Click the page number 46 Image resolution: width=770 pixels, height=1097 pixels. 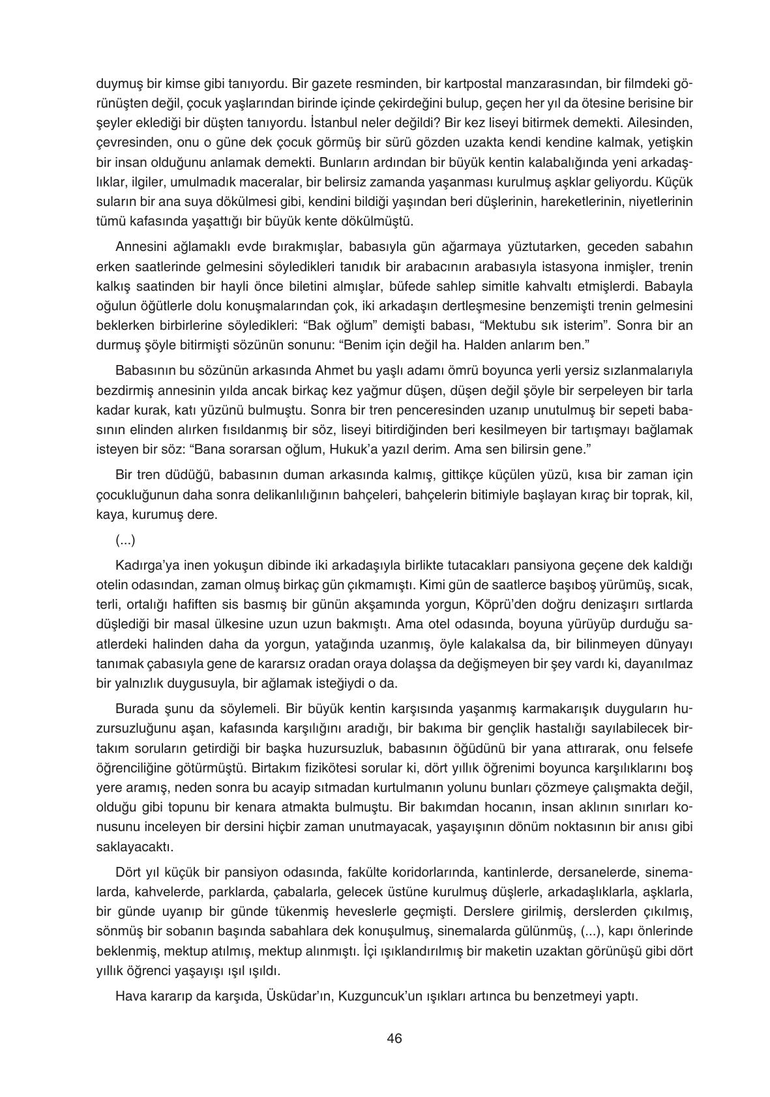(x=394, y=1038)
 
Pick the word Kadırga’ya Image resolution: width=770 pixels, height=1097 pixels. (x=145, y=563)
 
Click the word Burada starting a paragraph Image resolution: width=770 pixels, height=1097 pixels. (x=135, y=707)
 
